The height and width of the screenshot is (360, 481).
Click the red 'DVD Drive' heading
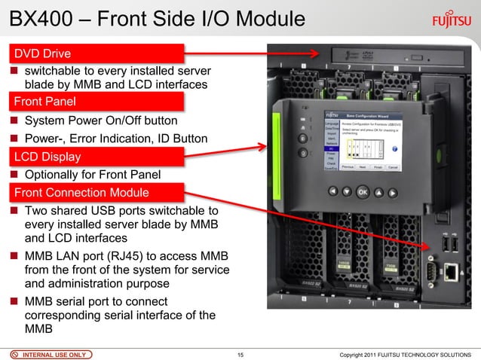coord(42,53)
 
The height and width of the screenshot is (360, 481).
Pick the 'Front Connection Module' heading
coord(78,193)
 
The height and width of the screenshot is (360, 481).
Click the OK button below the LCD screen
coord(363,191)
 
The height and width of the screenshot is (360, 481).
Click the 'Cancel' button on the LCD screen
coord(393,167)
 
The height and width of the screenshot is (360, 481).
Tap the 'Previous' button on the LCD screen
coord(348,167)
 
